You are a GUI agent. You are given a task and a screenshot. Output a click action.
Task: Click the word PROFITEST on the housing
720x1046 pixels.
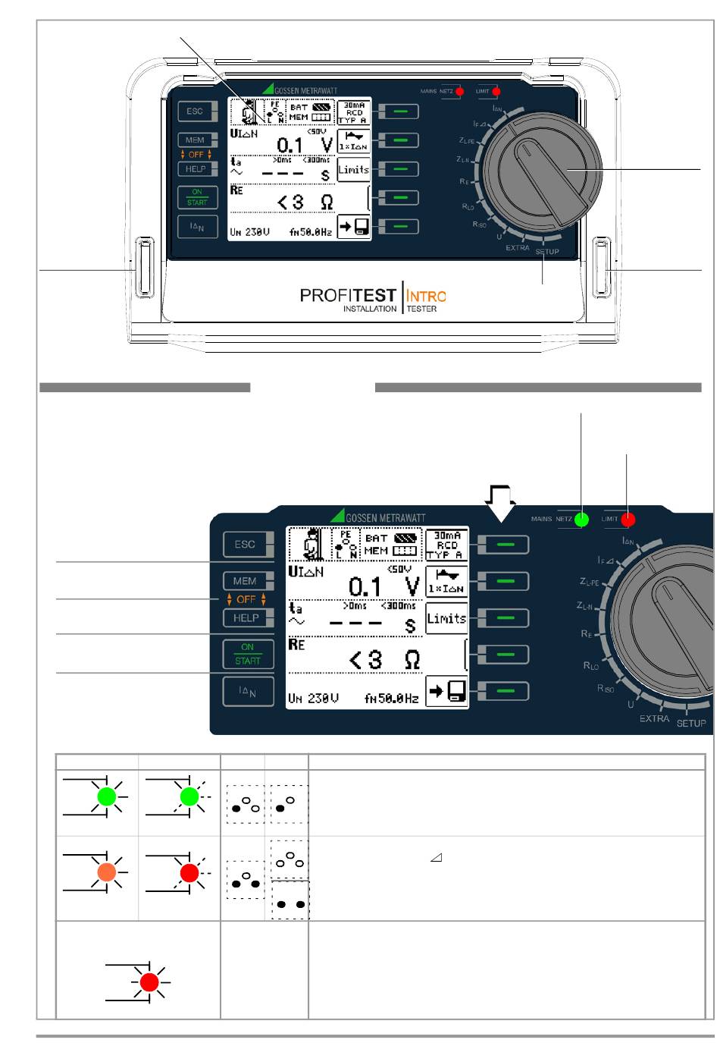tap(348, 295)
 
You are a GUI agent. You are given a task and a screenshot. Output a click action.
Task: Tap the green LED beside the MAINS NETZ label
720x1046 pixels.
tap(582, 520)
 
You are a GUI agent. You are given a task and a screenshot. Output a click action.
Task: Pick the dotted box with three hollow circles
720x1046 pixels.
tap(290, 859)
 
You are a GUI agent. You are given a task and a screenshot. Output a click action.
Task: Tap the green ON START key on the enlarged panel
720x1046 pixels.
tap(248, 654)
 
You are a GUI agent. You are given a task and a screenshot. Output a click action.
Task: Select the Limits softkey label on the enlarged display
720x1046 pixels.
tap(446, 618)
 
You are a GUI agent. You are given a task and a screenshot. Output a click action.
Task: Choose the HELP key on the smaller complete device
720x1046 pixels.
tap(196, 169)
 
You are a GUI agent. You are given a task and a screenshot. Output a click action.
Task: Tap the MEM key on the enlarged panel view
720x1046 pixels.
tap(245, 581)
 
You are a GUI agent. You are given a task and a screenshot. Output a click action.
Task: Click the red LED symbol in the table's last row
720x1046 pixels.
tap(149, 982)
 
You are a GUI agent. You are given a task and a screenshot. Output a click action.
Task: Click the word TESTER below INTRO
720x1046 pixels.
tap(422, 309)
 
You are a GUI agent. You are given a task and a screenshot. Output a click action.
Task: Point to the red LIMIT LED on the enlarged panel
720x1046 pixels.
tap(628, 520)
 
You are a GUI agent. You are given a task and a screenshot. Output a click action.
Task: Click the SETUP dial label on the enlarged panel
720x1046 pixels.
tap(690, 724)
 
